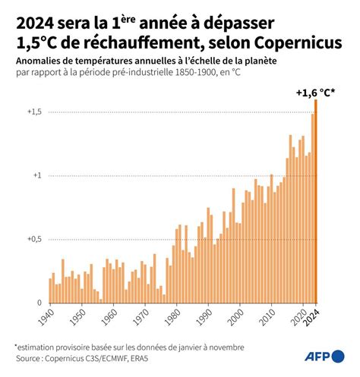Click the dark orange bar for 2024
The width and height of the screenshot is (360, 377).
point(316,201)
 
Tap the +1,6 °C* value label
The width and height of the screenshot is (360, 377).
point(315,93)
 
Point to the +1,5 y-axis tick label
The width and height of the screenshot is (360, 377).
point(34,112)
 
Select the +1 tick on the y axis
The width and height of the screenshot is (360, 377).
point(37,175)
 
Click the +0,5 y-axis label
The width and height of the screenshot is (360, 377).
point(34,239)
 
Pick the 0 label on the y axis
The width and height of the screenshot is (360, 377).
point(39,303)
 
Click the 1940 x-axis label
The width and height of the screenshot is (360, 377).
point(46,317)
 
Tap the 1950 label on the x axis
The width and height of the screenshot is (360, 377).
point(78,317)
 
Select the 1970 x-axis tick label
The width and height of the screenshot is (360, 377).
point(141,317)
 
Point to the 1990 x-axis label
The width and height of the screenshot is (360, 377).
point(204,317)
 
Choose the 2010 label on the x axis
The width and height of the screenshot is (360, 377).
point(268,317)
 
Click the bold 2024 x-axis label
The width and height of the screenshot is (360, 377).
point(312,318)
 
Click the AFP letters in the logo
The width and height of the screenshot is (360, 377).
point(317,357)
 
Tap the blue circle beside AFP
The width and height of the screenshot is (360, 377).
point(338,357)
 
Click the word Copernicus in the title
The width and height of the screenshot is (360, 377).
point(298,43)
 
